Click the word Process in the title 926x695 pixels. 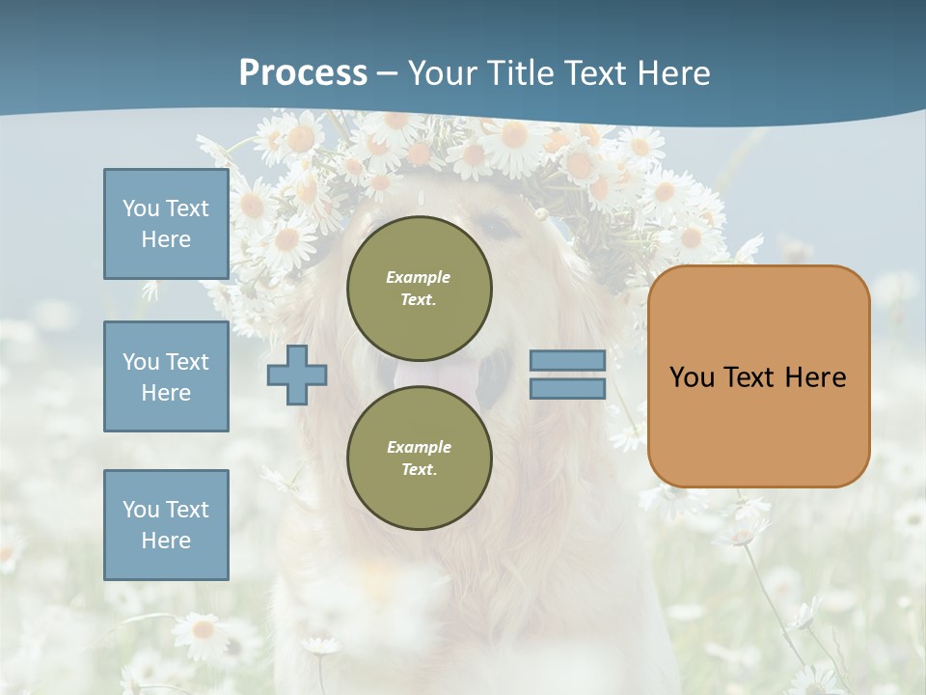(303, 73)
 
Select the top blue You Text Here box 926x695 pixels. (166, 224)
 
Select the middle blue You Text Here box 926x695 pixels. (166, 376)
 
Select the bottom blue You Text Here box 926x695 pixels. (166, 524)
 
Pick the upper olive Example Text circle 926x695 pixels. (419, 288)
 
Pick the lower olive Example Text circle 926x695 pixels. (419, 458)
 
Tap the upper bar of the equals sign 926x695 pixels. (567, 361)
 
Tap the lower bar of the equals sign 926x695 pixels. (567, 389)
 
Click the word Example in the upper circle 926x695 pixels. (419, 277)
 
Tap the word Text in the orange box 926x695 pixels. (755, 377)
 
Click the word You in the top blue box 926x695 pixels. (141, 208)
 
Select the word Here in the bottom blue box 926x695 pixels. (166, 541)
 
